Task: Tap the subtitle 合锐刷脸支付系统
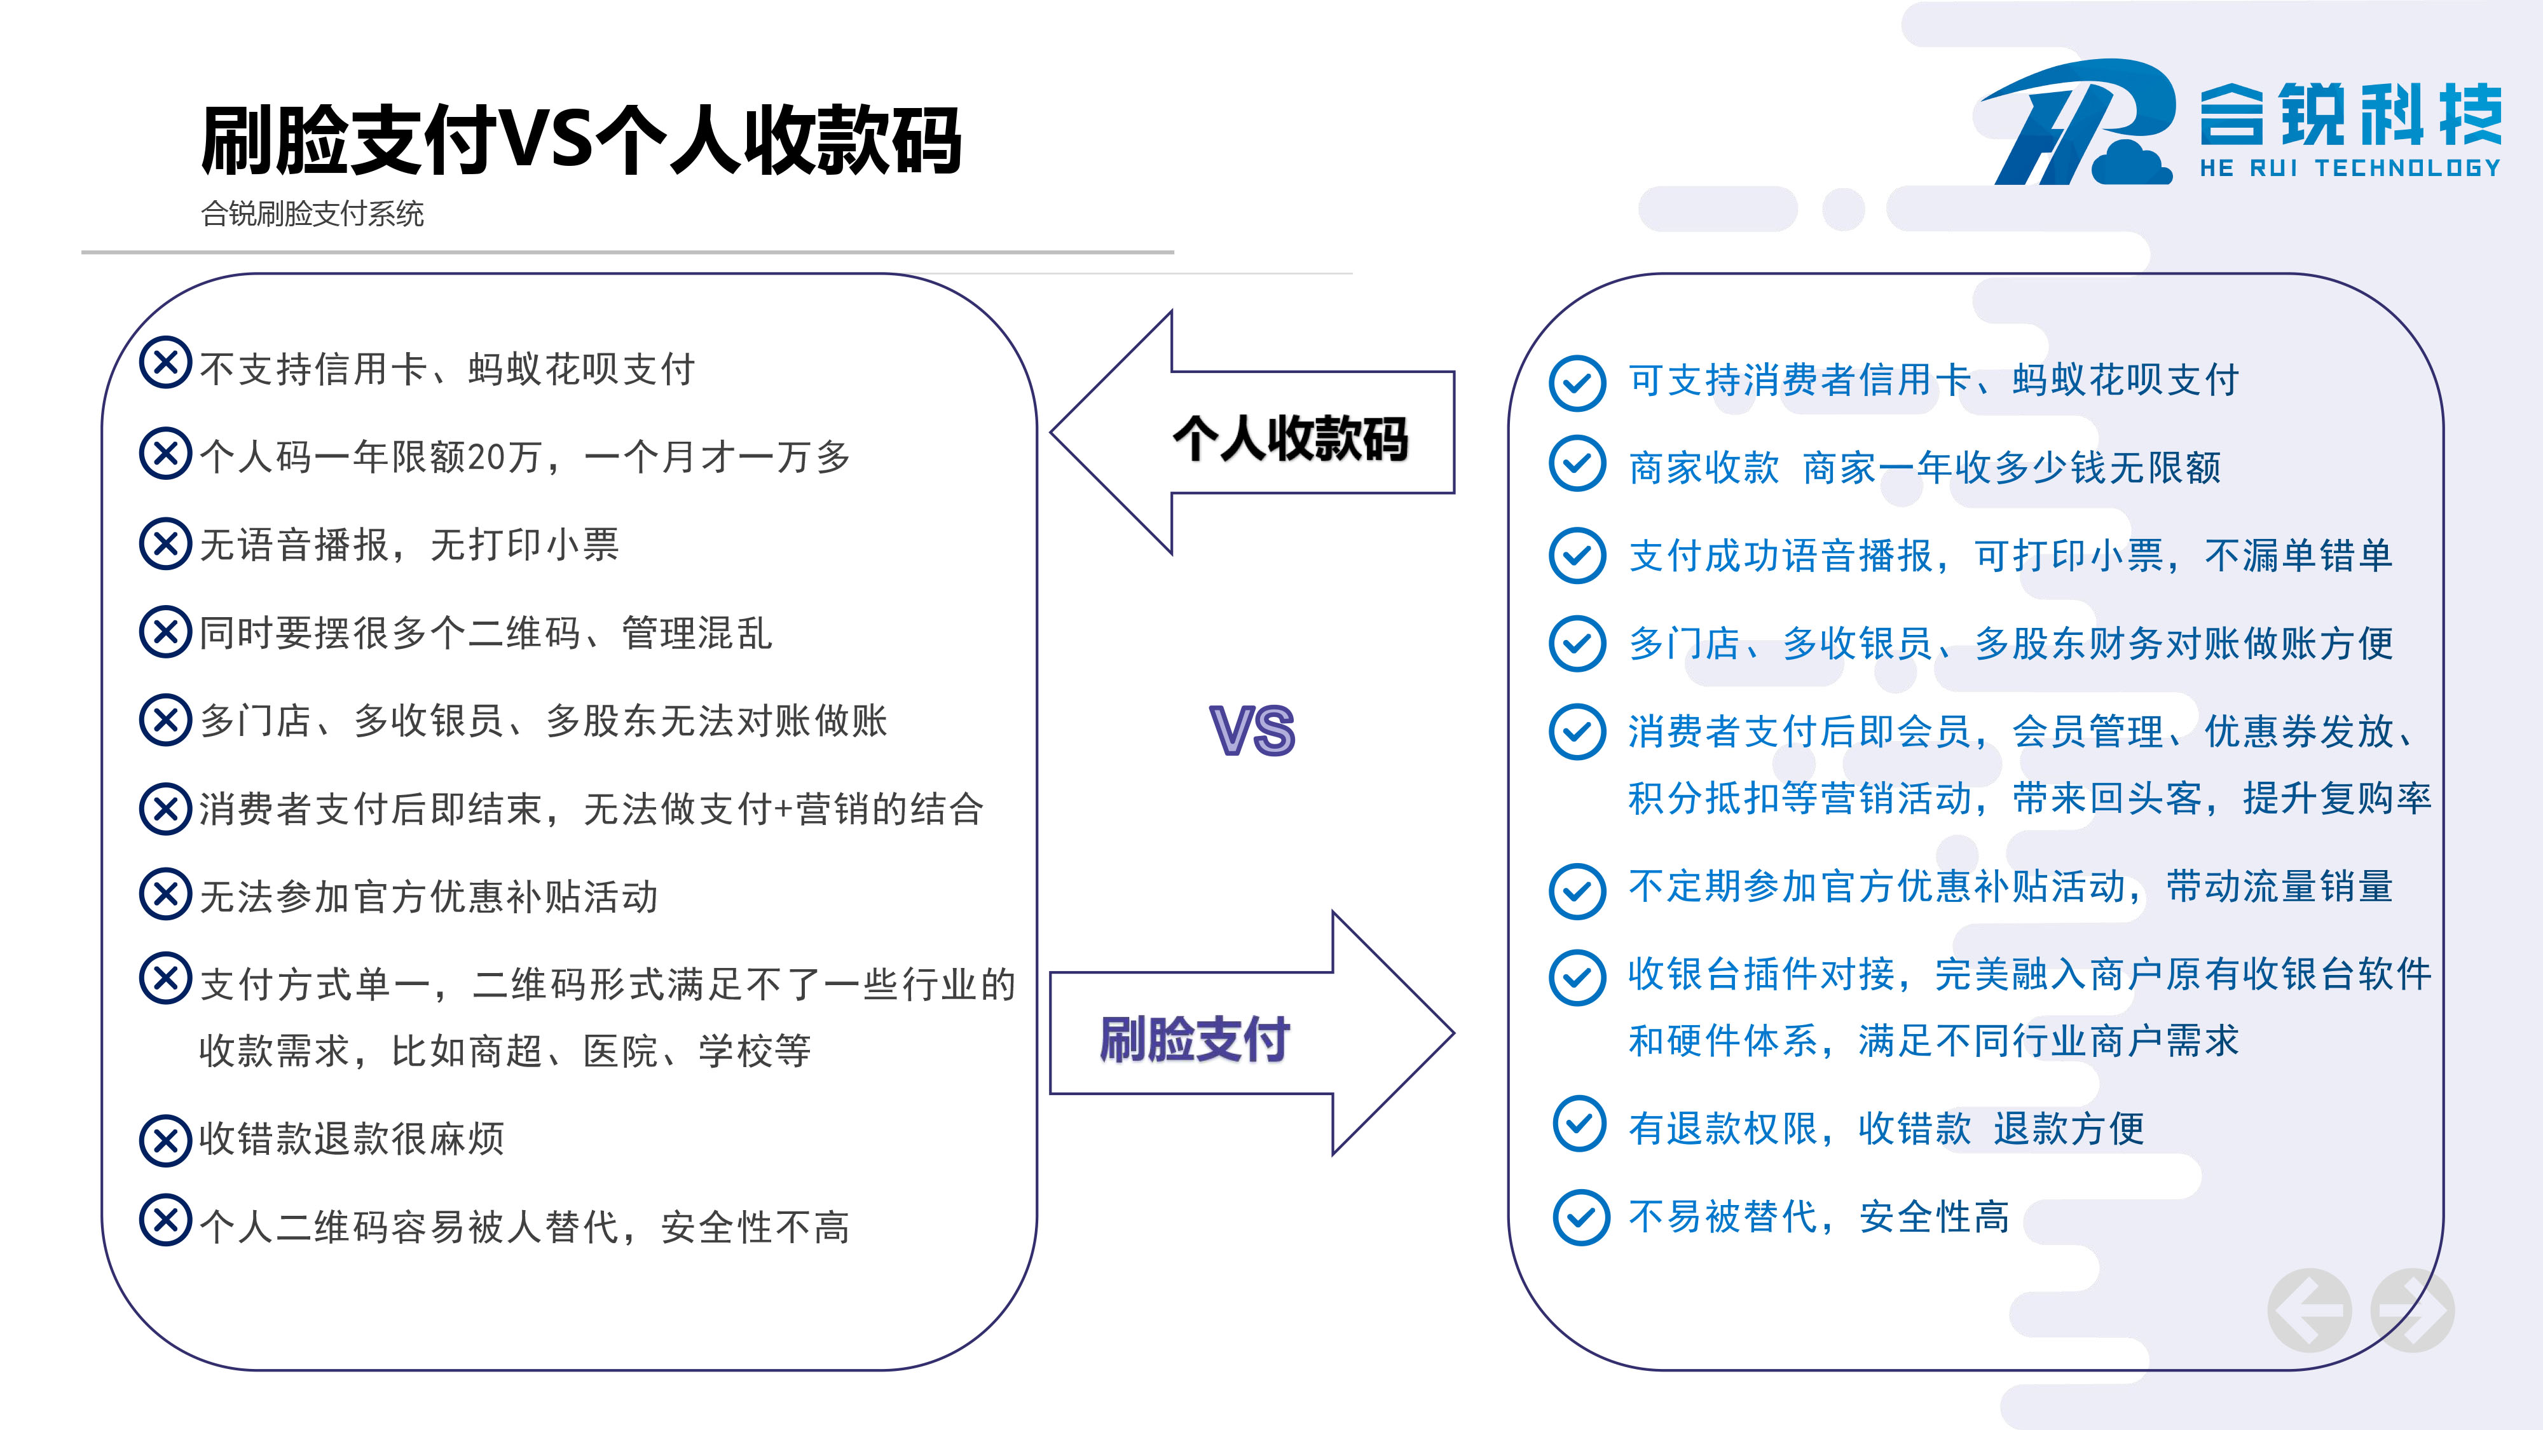click(x=312, y=213)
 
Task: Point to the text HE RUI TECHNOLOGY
click(x=2350, y=168)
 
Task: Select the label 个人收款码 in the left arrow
click(x=1291, y=438)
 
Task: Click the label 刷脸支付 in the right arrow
click(x=1195, y=1039)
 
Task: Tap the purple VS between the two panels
click(x=1252, y=730)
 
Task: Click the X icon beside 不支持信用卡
click(x=166, y=362)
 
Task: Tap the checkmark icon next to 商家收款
click(x=1577, y=464)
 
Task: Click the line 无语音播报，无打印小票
click(x=409, y=545)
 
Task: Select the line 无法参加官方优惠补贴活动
click(x=428, y=896)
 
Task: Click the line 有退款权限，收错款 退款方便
click(x=1886, y=1128)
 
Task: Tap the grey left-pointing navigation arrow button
click(x=2310, y=1311)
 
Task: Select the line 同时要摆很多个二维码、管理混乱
click(x=486, y=632)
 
